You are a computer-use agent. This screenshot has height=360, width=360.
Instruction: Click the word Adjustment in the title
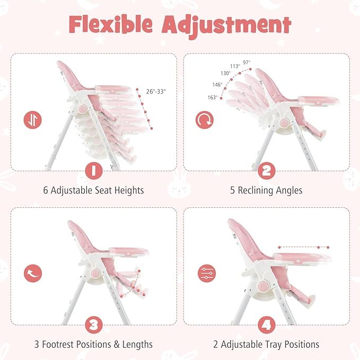click(x=233, y=24)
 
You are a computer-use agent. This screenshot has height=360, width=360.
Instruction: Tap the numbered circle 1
click(x=93, y=171)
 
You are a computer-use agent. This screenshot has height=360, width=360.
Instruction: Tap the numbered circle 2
click(x=267, y=171)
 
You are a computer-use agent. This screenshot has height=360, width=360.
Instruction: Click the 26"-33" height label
click(x=155, y=91)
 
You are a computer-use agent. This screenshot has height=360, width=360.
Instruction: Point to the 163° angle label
click(x=213, y=98)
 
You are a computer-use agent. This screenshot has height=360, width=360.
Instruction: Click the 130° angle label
click(x=226, y=74)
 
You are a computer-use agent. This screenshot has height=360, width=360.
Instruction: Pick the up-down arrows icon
click(x=32, y=120)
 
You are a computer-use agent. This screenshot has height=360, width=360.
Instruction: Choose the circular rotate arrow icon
click(x=205, y=120)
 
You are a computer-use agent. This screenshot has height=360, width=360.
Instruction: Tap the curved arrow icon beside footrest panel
click(x=32, y=274)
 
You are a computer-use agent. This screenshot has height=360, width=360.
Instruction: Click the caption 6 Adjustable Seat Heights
click(x=93, y=190)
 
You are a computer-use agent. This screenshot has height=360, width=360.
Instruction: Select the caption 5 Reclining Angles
click(x=267, y=190)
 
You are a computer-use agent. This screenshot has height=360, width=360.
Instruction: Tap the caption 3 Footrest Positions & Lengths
click(x=93, y=344)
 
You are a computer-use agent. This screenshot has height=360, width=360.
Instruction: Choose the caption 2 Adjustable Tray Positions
click(x=267, y=344)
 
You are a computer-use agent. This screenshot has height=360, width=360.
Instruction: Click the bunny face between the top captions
click(x=180, y=189)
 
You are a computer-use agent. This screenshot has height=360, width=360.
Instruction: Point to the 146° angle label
click(x=217, y=84)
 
